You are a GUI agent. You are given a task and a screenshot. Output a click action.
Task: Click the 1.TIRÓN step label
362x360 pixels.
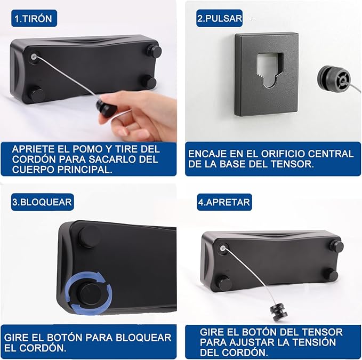(x=34, y=18)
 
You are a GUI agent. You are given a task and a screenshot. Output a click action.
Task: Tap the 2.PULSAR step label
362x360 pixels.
(x=219, y=18)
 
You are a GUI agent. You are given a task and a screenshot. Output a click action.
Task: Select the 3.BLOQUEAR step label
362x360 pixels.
(x=43, y=202)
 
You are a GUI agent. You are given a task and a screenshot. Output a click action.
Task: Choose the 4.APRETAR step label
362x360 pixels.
(x=224, y=202)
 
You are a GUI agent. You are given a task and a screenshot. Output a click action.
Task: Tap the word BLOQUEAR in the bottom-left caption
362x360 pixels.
(x=143, y=338)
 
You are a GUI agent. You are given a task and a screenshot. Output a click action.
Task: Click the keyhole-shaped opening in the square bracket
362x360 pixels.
(x=270, y=70)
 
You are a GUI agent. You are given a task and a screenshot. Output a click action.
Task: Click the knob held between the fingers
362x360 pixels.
(x=106, y=108)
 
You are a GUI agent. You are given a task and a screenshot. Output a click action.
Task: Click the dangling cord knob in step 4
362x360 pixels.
(x=279, y=313)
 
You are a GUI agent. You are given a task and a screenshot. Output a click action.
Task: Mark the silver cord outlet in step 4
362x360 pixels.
(x=223, y=249)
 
